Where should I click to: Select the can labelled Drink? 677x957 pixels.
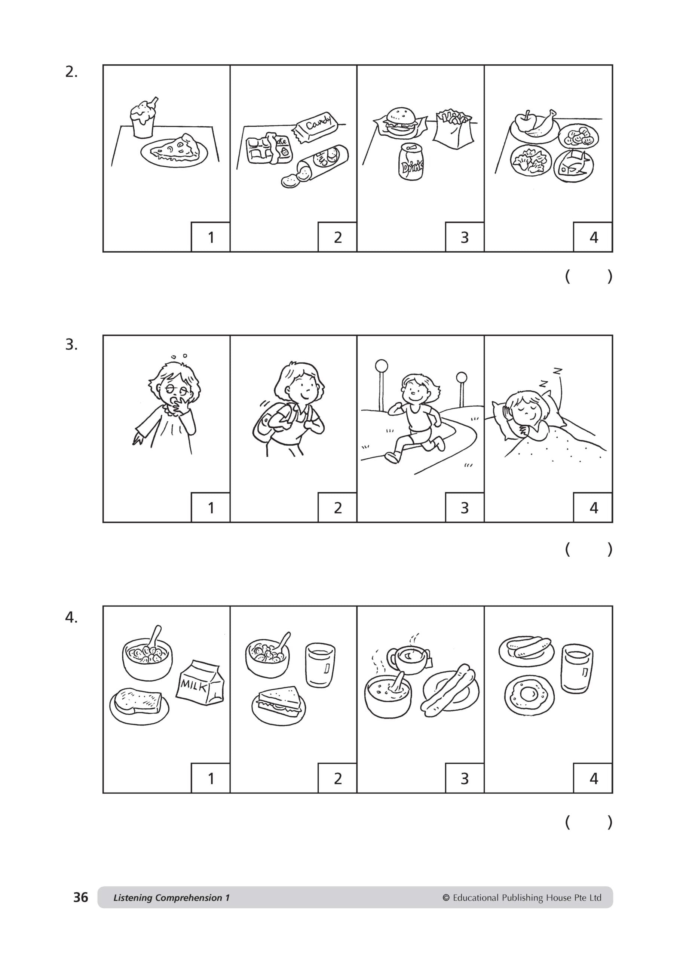(x=411, y=163)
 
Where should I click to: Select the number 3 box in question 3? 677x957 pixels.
(x=464, y=507)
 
